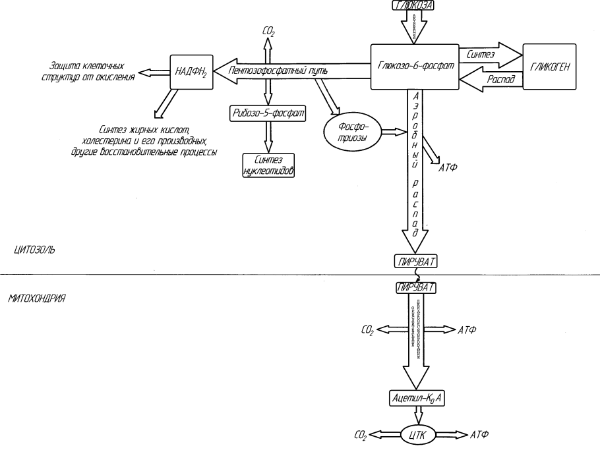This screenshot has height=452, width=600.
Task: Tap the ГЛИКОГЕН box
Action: pos(550,67)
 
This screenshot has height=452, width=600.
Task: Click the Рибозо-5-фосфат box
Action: pos(267,113)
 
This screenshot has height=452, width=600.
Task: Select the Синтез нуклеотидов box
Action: pos(267,165)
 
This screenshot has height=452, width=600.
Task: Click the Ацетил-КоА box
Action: pos(417,398)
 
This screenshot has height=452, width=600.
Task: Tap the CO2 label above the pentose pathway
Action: pos(268,30)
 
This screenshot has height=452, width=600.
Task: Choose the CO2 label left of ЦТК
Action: pos(361,436)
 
